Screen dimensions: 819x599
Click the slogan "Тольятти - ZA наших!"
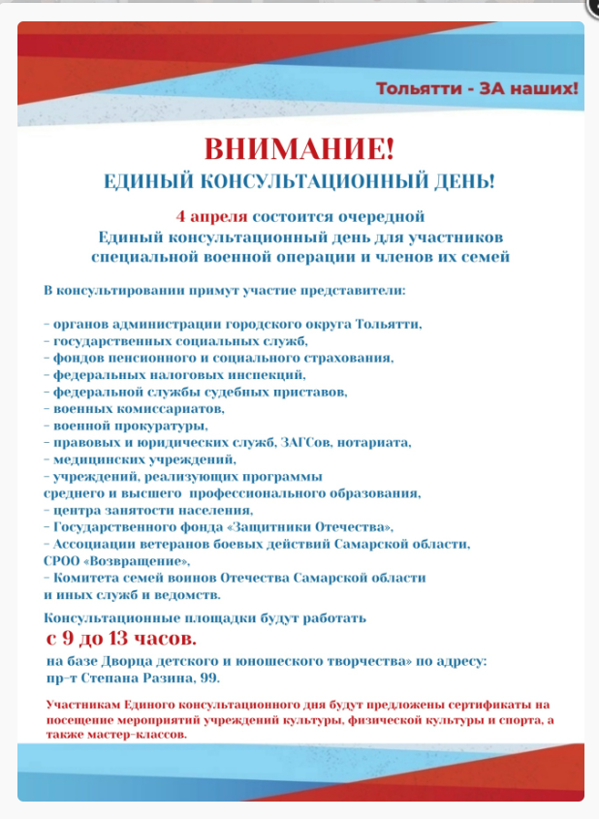click(x=477, y=89)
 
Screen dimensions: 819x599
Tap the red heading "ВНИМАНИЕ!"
click(x=299, y=150)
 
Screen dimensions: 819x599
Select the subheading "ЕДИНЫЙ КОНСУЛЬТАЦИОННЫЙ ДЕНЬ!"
click(x=299, y=181)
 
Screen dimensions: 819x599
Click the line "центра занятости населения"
click(x=152, y=510)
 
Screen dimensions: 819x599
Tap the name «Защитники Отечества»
click(x=329, y=527)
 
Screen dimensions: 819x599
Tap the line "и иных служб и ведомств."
click(x=132, y=594)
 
